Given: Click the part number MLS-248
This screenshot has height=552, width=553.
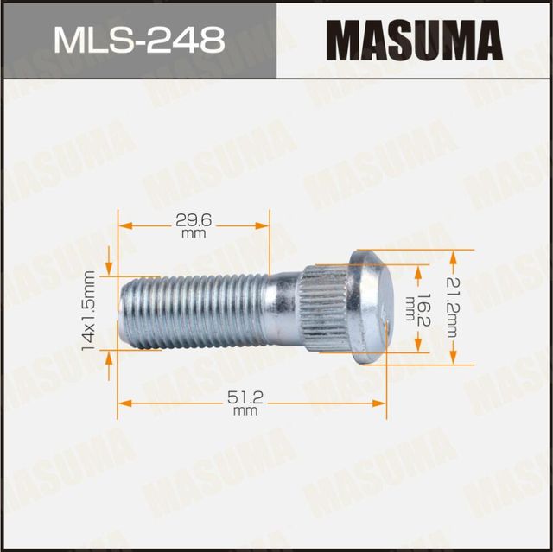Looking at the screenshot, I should coord(139,39).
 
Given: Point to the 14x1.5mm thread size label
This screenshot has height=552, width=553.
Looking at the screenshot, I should coord(87,310).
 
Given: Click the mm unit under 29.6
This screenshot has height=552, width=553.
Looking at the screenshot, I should coord(194,234).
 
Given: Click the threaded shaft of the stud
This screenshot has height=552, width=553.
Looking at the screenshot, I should coord(190,310).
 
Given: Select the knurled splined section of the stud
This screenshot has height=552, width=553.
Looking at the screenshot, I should coord(325,307).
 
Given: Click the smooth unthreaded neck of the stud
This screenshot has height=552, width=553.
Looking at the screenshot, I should coord(282,308).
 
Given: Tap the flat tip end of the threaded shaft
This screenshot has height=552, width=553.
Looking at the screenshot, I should coord(121,310).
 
